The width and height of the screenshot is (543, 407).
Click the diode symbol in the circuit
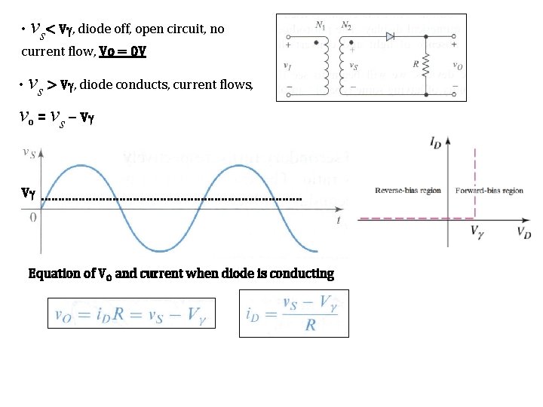coord(391,35)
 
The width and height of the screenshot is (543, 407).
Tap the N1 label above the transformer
coord(320,25)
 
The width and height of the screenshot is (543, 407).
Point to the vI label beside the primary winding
coord(287,66)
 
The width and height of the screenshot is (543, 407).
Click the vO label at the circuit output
coord(457,66)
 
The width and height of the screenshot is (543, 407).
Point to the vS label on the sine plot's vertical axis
coord(29,153)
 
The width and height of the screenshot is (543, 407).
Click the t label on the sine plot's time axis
coord(339,220)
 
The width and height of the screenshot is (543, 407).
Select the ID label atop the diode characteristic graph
coord(436,141)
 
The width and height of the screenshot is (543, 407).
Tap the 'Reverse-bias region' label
coord(408,191)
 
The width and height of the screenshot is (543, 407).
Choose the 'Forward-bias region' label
coord(489,191)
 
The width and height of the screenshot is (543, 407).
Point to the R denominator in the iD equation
coord(310,326)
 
